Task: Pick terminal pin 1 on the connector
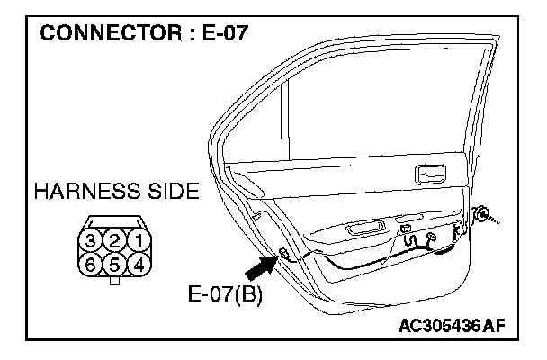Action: [138, 241]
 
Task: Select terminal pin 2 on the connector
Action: [114, 241]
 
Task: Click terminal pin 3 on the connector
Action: [91, 241]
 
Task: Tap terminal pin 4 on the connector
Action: [138, 265]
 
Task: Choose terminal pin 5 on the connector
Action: [114, 265]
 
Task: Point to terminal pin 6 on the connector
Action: [91, 265]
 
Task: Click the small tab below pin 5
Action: [114, 282]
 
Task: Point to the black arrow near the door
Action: [261, 266]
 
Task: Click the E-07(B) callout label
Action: [225, 294]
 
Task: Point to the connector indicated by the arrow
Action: [284, 255]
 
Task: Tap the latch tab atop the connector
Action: [114, 219]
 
